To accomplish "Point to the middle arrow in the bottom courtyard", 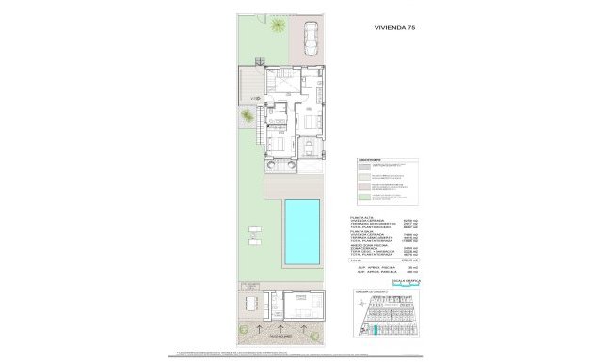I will tap(280, 328).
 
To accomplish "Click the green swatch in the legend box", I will tap(365, 197).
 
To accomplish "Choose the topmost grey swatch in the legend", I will tap(365, 165).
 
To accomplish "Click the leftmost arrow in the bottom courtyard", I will tap(261, 328).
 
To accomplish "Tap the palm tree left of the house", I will tap(247, 117).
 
